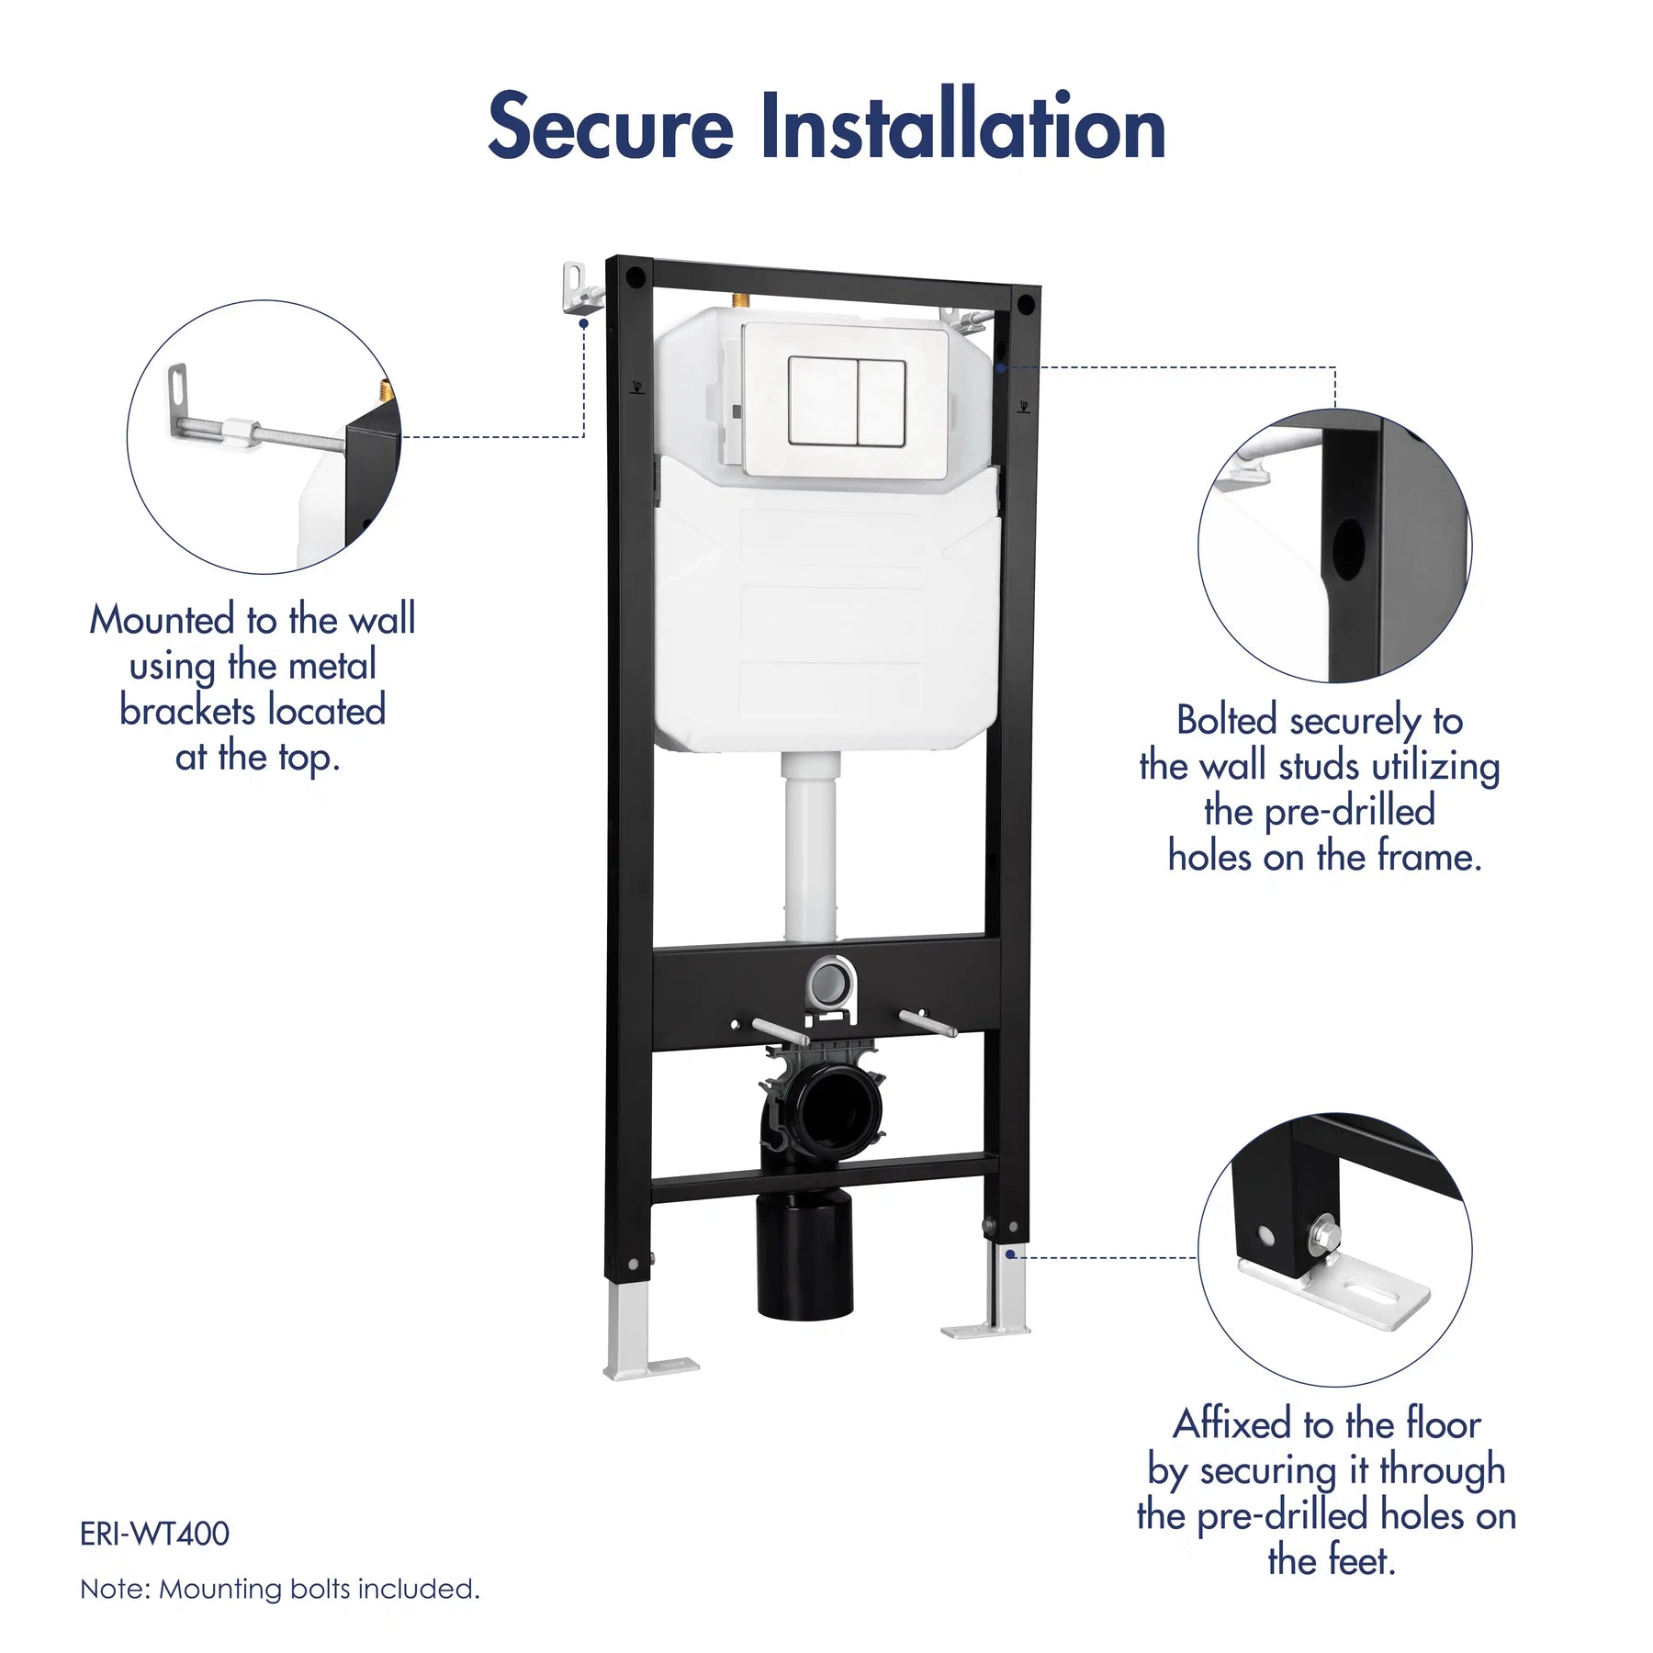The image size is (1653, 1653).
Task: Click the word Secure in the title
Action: click(610, 126)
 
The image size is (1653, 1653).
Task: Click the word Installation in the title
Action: click(963, 124)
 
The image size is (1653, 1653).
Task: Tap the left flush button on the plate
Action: click(823, 400)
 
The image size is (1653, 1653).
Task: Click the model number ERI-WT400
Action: click(154, 1535)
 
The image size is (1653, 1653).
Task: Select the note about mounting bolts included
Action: click(280, 1590)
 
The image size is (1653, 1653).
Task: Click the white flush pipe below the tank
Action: click(811, 846)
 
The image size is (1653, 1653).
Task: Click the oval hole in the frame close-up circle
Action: click(1347, 548)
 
